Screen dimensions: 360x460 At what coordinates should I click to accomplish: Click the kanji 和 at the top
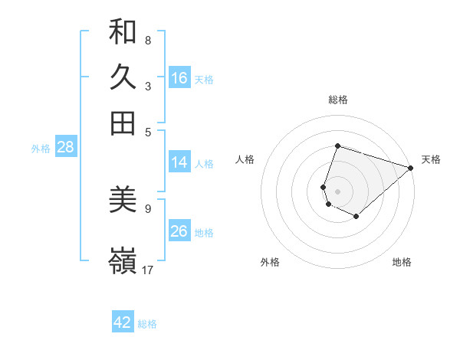pos(123,31)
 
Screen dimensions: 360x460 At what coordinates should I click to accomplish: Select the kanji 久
pos(123,77)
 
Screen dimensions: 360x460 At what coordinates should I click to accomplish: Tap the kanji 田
pos(123,123)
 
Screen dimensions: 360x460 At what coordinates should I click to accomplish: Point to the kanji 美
pos(123,200)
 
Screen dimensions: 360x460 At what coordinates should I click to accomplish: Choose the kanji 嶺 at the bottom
pos(123,261)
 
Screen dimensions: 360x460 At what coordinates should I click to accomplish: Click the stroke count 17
pos(148,269)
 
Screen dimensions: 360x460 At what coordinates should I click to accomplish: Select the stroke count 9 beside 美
pos(148,208)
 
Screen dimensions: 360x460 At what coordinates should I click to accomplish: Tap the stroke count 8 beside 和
pos(148,40)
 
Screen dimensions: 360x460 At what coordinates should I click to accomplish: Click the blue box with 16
pos(179,78)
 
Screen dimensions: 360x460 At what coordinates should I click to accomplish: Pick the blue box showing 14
pos(179,162)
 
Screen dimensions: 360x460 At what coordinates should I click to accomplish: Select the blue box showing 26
pos(179,231)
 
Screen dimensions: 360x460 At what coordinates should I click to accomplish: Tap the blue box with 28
pos(65,148)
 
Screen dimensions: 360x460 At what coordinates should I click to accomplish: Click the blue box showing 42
pos(123,322)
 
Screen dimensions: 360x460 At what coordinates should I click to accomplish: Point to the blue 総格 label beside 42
pos(147,324)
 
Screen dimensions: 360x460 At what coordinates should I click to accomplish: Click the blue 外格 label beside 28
pos(41,149)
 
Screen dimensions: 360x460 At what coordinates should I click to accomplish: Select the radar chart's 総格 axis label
pos(338,100)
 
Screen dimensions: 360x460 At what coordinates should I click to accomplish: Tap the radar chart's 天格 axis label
pos(431,159)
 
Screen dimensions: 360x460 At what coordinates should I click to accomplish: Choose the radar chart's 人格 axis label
pos(245,159)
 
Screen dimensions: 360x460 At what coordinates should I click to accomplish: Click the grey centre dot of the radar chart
pos(338,191)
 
